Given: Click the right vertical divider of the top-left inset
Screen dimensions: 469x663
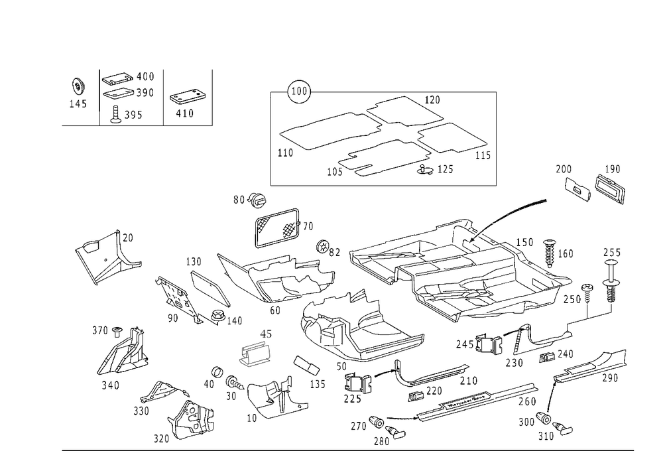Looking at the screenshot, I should [164, 96].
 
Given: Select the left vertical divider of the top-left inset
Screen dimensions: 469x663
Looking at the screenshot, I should [97, 90].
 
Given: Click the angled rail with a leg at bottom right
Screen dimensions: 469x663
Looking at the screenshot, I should [583, 375].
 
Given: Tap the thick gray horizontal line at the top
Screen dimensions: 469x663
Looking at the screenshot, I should [398, 92].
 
